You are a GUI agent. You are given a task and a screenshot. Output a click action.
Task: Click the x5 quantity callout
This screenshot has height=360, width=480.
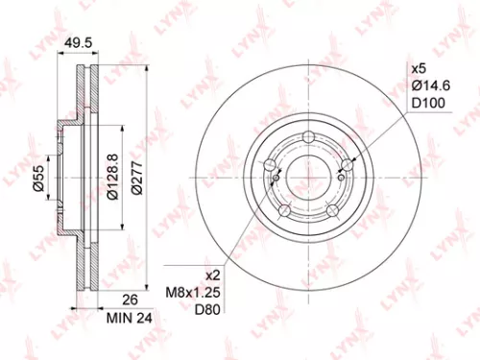pyautogui.click(x=418, y=69)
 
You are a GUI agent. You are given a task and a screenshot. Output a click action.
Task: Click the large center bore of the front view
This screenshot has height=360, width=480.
pyautogui.click(x=308, y=179)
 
